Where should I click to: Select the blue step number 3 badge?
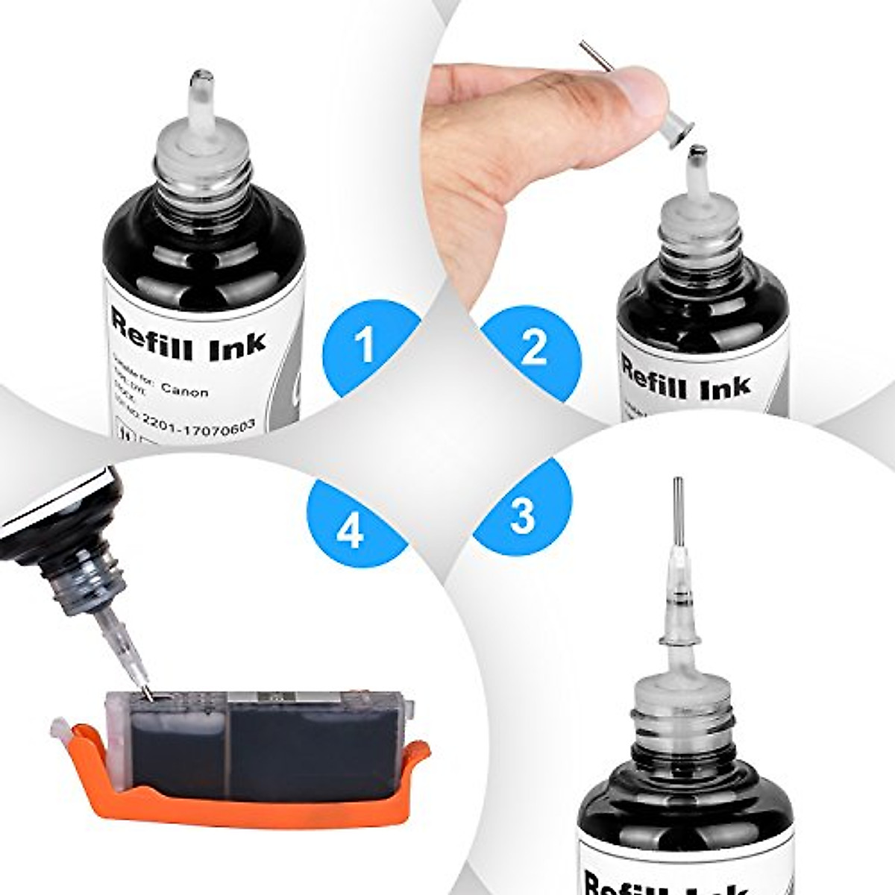coord(522,515)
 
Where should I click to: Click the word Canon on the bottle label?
coord(184,391)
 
